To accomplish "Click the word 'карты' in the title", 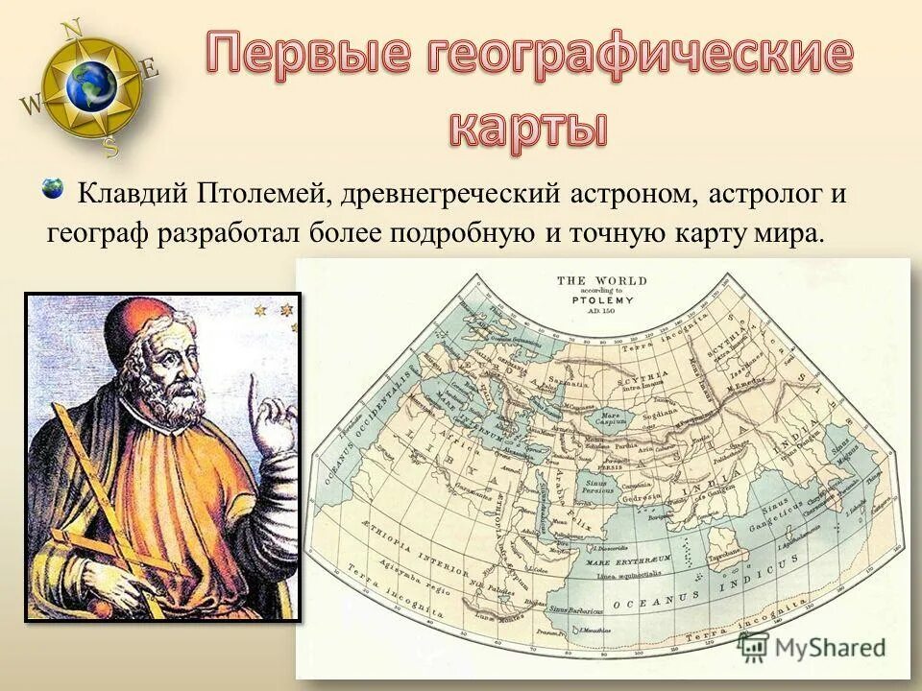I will [528, 128].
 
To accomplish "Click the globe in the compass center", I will [92, 86].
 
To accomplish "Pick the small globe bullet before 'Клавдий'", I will [53, 188].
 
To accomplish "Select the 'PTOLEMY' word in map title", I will [602, 299].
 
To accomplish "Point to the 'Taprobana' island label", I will [723, 556].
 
